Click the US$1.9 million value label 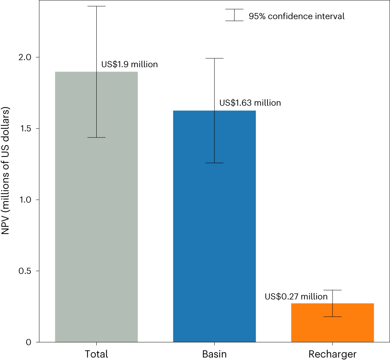click(130, 65)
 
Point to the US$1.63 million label click(250, 103)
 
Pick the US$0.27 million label click(296, 296)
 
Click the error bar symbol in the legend click(234, 15)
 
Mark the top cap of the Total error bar click(96, 6)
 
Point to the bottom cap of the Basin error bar click(214, 163)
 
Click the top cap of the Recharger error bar click(332, 290)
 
